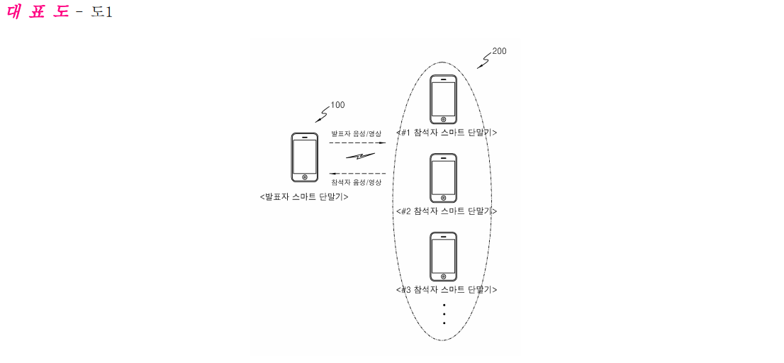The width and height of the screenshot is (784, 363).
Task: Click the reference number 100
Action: click(x=337, y=105)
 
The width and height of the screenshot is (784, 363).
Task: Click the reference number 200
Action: click(x=499, y=51)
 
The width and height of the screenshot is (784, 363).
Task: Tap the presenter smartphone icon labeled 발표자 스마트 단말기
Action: click(x=305, y=157)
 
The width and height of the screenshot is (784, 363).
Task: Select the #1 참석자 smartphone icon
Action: click(x=444, y=99)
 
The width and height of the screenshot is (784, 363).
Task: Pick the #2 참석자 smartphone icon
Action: click(x=444, y=178)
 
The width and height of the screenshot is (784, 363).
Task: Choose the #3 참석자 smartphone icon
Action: click(x=444, y=257)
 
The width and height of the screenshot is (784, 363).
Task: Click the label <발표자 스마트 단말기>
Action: click(x=304, y=197)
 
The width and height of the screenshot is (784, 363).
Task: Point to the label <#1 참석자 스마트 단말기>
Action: click(x=446, y=133)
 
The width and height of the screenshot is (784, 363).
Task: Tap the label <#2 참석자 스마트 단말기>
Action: click(x=446, y=211)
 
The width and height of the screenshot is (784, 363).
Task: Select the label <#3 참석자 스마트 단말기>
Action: click(x=446, y=289)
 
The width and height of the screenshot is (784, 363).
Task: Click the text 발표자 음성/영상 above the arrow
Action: click(x=356, y=133)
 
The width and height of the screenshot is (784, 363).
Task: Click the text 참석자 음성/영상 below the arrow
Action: click(x=356, y=181)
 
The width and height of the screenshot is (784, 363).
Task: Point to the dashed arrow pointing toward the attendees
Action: click(x=357, y=143)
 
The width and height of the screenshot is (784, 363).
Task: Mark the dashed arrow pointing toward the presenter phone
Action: click(x=357, y=173)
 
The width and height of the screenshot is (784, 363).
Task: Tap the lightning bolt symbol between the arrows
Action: click(x=359, y=157)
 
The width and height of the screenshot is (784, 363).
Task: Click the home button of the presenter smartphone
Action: click(x=305, y=177)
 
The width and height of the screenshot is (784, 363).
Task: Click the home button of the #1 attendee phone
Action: click(x=444, y=120)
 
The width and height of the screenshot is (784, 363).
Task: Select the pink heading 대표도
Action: click(x=38, y=12)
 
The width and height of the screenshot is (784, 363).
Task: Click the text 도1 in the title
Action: click(x=101, y=12)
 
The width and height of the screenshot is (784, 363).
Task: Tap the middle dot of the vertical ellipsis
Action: click(x=444, y=314)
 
